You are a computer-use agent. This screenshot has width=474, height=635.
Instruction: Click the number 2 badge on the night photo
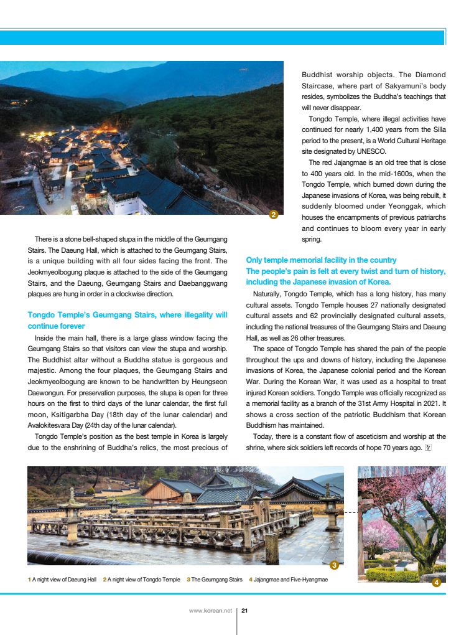point(274,215)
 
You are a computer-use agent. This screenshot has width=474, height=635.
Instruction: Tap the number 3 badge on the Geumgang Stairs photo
point(334,565)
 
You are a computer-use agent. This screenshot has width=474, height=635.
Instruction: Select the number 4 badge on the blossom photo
point(436,583)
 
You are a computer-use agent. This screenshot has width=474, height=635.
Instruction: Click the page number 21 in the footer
point(244,611)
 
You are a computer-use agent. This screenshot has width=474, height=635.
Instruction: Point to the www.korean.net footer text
point(210,611)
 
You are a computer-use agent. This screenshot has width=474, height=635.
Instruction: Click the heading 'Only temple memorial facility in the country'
point(321,260)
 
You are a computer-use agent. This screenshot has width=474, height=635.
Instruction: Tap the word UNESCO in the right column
point(371,151)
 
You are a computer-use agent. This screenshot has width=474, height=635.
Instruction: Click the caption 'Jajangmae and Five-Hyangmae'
point(290,580)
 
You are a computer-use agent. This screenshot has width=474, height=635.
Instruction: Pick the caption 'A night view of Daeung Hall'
point(64,580)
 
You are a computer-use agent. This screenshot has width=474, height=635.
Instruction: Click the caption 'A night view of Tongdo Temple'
point(144,580)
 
